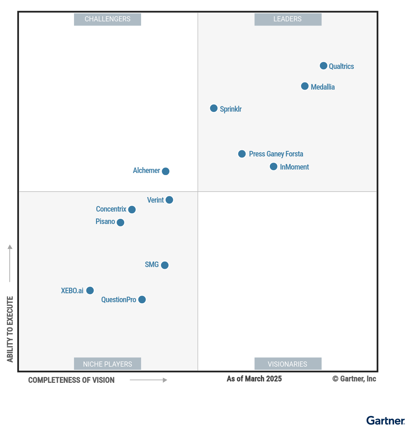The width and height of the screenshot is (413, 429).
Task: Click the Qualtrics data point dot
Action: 324,66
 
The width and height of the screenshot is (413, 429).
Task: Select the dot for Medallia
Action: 305,86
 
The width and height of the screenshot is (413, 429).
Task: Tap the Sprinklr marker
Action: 214,109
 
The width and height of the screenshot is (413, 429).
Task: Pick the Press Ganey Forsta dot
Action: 242,154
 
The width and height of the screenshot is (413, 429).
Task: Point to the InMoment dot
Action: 274,167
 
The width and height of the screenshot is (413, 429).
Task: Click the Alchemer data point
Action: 166,171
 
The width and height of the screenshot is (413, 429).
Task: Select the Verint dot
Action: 169,200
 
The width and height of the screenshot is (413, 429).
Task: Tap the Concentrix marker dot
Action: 132,210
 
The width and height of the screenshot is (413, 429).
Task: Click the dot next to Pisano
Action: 120,223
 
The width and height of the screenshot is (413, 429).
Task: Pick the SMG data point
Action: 165,265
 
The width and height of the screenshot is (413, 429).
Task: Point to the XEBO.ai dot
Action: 90,290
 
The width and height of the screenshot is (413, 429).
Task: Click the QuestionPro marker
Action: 142,300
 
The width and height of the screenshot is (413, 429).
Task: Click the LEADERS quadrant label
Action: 288,19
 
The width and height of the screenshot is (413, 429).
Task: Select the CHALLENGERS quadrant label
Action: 107,19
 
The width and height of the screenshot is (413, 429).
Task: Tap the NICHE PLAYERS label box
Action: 107,364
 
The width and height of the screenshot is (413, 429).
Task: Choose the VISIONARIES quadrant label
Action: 288,364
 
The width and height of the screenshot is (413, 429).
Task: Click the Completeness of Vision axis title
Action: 71,380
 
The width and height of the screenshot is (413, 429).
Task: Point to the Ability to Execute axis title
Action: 10,329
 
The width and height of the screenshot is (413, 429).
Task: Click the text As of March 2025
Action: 254,379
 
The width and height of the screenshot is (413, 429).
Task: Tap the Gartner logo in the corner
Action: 385,421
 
